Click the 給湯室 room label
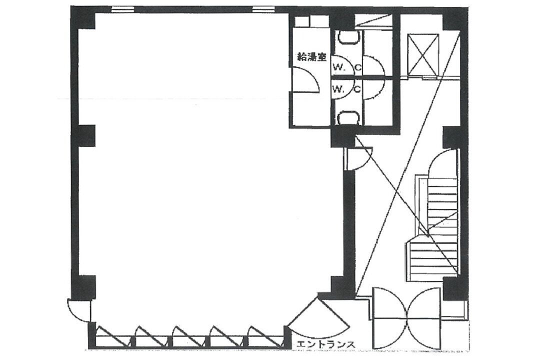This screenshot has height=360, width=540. point(311,57)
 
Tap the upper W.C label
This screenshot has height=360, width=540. point(347,68)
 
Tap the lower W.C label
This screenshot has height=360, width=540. point(347,89)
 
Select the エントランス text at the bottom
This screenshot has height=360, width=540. point(325,344)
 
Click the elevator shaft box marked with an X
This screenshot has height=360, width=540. point(423,54)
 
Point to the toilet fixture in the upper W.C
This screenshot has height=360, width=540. point(348,37)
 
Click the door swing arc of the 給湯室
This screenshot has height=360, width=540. point(305,80)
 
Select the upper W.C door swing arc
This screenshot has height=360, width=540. point(373,65)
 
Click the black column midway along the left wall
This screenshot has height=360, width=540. point(86,135)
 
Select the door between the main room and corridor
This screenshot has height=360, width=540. point(358,158)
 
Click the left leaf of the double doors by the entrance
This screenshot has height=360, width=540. point(390,317)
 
